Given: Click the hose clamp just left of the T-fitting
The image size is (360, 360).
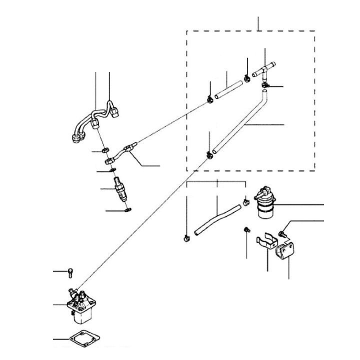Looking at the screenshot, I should coord(247,76).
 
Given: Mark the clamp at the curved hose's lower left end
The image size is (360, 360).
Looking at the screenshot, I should coord(186,237).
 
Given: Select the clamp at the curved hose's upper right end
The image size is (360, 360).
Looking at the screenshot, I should coord(246,202).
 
